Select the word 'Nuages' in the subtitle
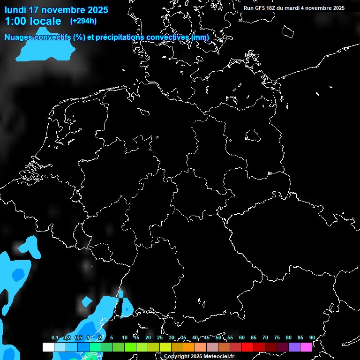[x=19, y=37]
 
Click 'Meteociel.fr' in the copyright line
[x=218, y=357]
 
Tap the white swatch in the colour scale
[x=48, y=347]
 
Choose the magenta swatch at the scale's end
[x=306, y=347]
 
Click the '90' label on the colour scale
[x=312, y=338]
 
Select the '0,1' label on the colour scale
[x=55, y=338]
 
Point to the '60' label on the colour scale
[x=242, y=338]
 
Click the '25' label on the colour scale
[x=160, y=338]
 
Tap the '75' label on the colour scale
[x=277, y=338]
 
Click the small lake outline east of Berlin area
[x=252, y=136]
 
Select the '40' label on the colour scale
[x=195, y=338]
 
